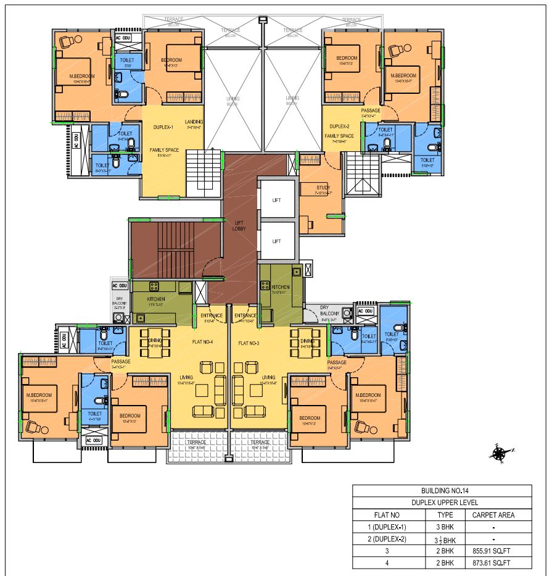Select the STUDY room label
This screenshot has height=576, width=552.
[323, 188]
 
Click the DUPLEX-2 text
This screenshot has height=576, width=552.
[340, 127]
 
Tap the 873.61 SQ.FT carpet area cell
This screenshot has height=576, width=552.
[493, 562]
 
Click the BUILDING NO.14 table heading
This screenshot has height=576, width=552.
[442, 490]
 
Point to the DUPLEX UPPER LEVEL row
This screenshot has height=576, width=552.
[442, 503]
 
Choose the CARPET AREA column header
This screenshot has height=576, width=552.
[493, 515]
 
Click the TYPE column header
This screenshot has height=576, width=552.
[445, 515]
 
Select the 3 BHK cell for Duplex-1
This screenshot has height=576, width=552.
[445, 528]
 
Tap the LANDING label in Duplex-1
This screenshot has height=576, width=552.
[194, 122]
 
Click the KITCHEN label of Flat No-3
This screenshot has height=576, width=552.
[281, 287]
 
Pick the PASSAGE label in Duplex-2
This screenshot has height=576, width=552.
[371, 111]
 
